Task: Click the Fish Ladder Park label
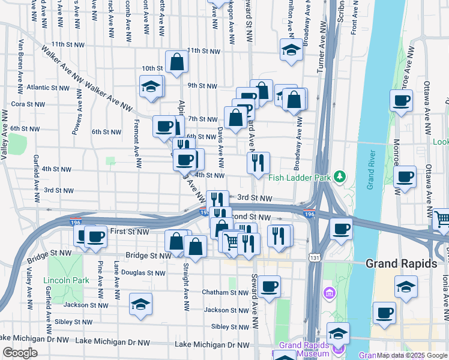(x=300, y=177)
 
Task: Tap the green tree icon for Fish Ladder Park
(x=340, y=176)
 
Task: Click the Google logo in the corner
(x=19, y=353)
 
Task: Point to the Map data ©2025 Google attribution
(x=412, y=355)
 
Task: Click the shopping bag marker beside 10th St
(x=177, y=62)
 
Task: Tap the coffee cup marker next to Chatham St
(x=270, y=286)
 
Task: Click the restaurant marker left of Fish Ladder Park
(x=258, y=163)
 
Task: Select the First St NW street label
(x=130, y=232)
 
